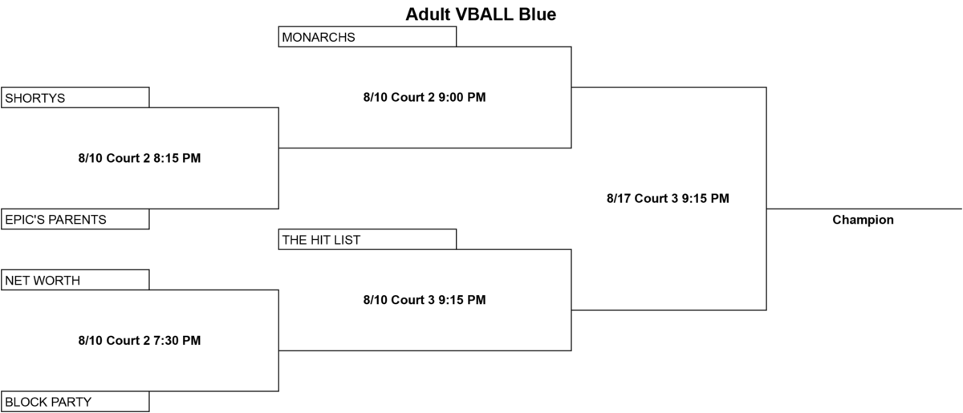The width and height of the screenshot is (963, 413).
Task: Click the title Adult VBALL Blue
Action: coord(481,14)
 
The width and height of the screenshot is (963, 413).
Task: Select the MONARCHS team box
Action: coord(368,37)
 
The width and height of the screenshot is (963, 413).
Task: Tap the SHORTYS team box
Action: coord(75,98)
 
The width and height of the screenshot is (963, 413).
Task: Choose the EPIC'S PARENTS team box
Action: coord(75,219)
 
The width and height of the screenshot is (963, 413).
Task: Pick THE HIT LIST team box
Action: coord(368,239)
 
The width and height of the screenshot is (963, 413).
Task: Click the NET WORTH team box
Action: coord(75,280)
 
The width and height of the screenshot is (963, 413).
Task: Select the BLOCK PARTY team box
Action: coord(75,402)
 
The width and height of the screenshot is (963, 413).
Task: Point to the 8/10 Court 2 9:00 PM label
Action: coord(425,97)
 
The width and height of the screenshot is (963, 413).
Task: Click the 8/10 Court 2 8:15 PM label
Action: coord(140,158)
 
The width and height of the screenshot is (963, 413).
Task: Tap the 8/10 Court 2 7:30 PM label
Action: coord(140,340)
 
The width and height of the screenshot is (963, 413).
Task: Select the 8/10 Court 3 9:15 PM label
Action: coord(425,300)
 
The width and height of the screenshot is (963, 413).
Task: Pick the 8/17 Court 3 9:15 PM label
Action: coord(668,198)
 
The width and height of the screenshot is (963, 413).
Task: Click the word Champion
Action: coord(863,220)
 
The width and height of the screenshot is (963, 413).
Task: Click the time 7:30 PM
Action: coord(177,340)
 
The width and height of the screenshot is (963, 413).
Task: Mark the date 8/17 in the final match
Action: coord(619,198)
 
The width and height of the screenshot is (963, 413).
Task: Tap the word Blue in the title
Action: coord(538,14)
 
